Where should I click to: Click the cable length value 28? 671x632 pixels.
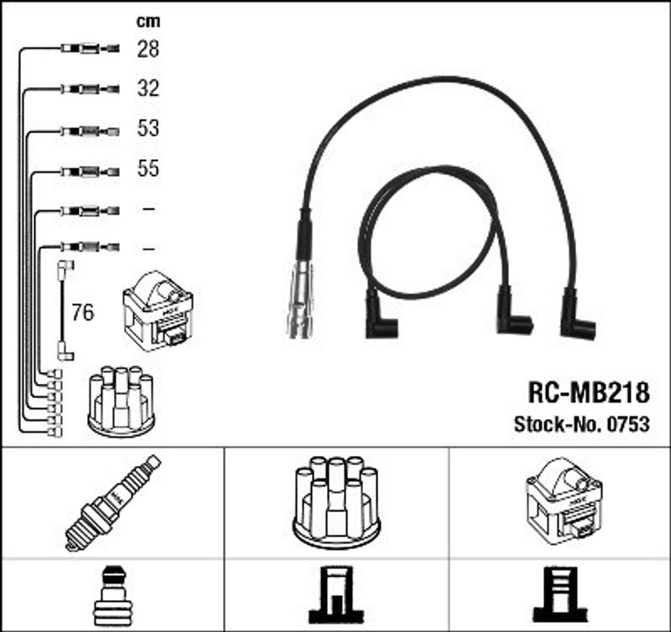148,48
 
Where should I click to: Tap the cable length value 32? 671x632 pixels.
148,88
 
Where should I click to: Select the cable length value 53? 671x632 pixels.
148,128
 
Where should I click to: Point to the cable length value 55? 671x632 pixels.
148,168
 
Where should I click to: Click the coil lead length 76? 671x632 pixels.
83,312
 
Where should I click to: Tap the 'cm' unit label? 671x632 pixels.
148,21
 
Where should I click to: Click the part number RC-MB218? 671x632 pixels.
589,392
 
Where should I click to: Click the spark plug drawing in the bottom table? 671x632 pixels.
113,503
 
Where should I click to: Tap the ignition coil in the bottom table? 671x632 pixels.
564,502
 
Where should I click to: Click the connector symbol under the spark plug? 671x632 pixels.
113,596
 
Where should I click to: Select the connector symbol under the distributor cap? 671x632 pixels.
336,595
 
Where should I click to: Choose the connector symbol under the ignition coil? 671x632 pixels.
560,595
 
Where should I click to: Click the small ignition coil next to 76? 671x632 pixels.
158,311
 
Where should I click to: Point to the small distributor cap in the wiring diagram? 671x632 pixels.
121,401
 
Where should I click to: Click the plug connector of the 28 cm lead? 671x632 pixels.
90,48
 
